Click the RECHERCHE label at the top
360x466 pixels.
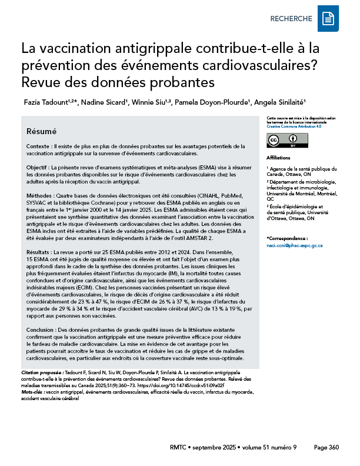[x=291, y=19]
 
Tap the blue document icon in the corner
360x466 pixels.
[x=328, y=19]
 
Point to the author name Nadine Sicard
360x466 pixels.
[x=104, y=102]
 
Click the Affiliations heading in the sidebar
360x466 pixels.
[x=278, y=158]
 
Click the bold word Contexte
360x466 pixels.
[x=40, y=145]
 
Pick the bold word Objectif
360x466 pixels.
[x=39, y=168]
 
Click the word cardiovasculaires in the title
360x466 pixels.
[x=274, y=63]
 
